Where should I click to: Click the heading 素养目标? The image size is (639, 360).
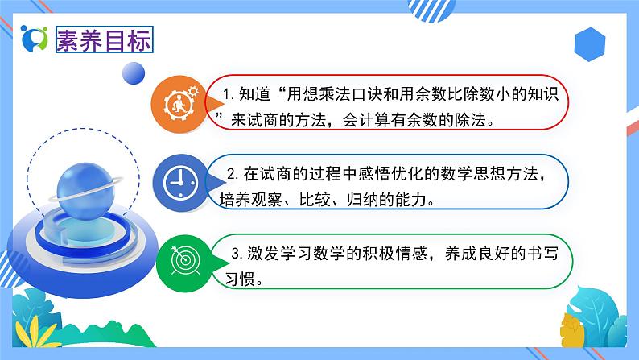pyautogui.click(x=104, y=39)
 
